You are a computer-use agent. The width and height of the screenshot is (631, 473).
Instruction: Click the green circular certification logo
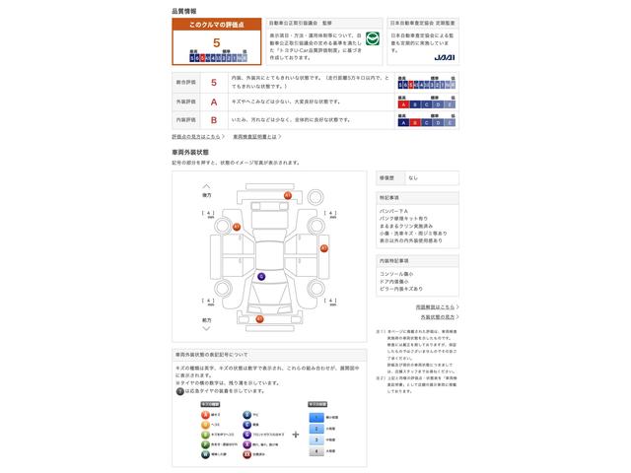tap(372, 40)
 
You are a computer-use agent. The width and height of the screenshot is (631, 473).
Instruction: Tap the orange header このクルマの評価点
tap(216, 23)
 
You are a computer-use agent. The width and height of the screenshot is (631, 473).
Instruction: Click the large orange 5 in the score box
tap(216, 43)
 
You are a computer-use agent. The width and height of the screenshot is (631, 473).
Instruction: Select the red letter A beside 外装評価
tap(214, 101)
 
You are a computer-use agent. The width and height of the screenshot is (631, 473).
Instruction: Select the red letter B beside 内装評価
tap(214, 119)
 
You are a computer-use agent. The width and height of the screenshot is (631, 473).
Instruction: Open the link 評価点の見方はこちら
tap(195, 136)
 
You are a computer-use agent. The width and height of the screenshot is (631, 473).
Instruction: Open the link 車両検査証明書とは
tap(254, 136)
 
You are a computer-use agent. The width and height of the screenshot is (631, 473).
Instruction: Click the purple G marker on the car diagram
tap(261, 276)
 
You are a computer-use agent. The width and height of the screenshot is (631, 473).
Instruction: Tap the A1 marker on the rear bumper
tap(287, 195)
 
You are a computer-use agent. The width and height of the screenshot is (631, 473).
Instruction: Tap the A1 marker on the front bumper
tap(259, 318)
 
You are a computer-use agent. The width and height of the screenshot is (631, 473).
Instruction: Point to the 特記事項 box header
tap(389, 197)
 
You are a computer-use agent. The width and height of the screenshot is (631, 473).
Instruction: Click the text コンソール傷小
tap(397, 273)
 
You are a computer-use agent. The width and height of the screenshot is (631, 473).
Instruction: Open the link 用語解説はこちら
tap(435, 306)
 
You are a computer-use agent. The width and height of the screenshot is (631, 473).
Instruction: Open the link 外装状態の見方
tap(438, 317)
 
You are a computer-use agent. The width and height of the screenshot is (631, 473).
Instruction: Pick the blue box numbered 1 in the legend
tap(316, 416)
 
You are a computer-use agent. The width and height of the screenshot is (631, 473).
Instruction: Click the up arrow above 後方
tap(206, 185)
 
